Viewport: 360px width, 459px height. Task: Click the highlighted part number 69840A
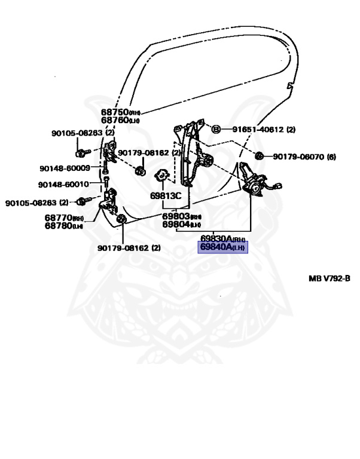[222, 246]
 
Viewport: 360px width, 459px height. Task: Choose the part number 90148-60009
[65, 169]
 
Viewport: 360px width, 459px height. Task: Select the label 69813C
[166, 195]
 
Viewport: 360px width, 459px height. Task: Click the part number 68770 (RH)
[63, 218]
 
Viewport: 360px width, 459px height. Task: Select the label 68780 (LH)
[63, 227]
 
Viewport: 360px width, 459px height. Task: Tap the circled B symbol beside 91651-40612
[216, 129]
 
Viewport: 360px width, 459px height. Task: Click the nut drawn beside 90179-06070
[259, 157]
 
